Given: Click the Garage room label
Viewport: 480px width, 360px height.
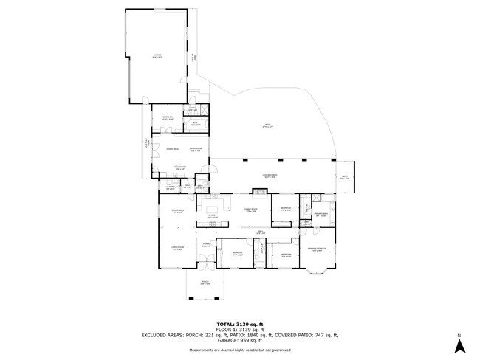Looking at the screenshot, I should (157, 55).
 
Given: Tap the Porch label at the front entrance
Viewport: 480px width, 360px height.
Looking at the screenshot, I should (205, 283).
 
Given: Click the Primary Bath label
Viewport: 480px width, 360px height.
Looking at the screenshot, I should (321, 212).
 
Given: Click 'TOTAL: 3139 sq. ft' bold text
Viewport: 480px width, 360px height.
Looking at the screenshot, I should (239, 324).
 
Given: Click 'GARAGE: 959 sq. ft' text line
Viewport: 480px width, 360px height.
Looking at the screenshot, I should (239, 340).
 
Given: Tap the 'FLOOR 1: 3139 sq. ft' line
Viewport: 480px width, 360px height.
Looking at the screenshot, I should (239, 329).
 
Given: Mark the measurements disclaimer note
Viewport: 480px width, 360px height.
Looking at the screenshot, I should (239, 349).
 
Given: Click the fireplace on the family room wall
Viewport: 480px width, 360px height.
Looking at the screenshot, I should (258, 193).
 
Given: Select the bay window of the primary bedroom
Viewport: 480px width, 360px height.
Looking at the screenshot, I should (319, 269).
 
